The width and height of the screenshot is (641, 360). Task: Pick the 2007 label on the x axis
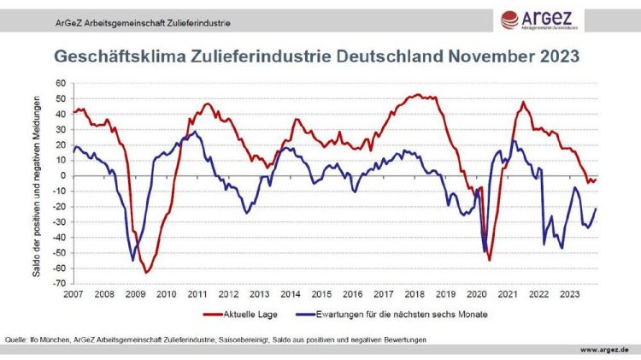click(x=74, y=292)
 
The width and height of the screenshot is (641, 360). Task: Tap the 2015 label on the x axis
click(x=322, y=292)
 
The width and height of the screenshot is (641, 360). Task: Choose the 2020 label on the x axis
click(x=477, y=292)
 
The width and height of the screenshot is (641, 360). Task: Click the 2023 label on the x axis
click(x=569, y=292)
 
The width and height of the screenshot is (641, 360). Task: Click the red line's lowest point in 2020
click(x=489, y=260)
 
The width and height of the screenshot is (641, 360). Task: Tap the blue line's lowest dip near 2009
click(x=132, y=260)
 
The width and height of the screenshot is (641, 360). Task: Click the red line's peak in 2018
click(x=416, y=94)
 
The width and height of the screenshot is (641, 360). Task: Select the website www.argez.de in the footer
click(x=603, y=350)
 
